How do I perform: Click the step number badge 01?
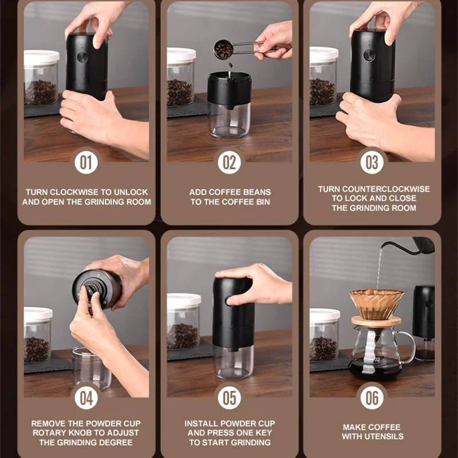86,163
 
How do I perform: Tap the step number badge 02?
229,163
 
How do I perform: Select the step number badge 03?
372,163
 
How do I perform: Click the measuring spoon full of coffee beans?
224,50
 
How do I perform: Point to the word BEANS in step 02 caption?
255,192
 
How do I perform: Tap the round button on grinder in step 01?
82,57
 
